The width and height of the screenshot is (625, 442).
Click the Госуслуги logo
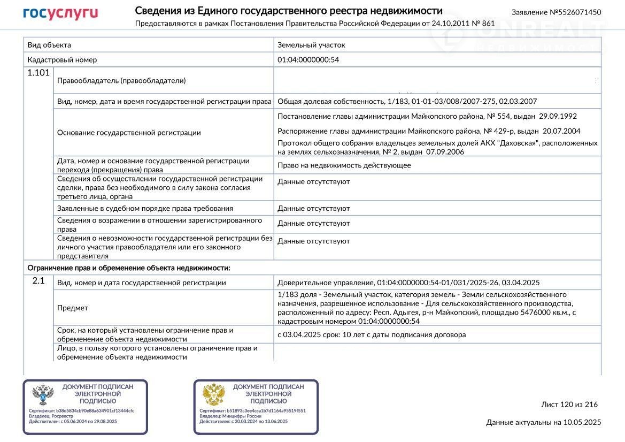[x=60, y=13]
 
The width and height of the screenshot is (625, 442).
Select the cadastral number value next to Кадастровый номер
[x=308, y=60]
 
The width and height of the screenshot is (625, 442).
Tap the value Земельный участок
[x=311, y=45]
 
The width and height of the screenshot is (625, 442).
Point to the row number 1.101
[x=38, y=73]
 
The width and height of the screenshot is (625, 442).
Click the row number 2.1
[x=38, y=280]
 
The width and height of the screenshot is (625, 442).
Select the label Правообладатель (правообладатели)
[x=121, y=81]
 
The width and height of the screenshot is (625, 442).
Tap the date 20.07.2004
[x=561, y=131]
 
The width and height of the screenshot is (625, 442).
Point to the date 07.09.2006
[x=445, y=152]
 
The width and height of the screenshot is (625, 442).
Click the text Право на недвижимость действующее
[x=344, y=165]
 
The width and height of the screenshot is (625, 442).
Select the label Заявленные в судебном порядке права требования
[x=145, y=208]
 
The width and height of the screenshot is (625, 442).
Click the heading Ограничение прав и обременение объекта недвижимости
[x=129, y=268]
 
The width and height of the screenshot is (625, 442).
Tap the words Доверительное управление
[x=326, y=283]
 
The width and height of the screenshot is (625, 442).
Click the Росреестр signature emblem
[x=43, y=395]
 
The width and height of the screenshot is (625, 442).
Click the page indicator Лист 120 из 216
[x=569, y=405]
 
